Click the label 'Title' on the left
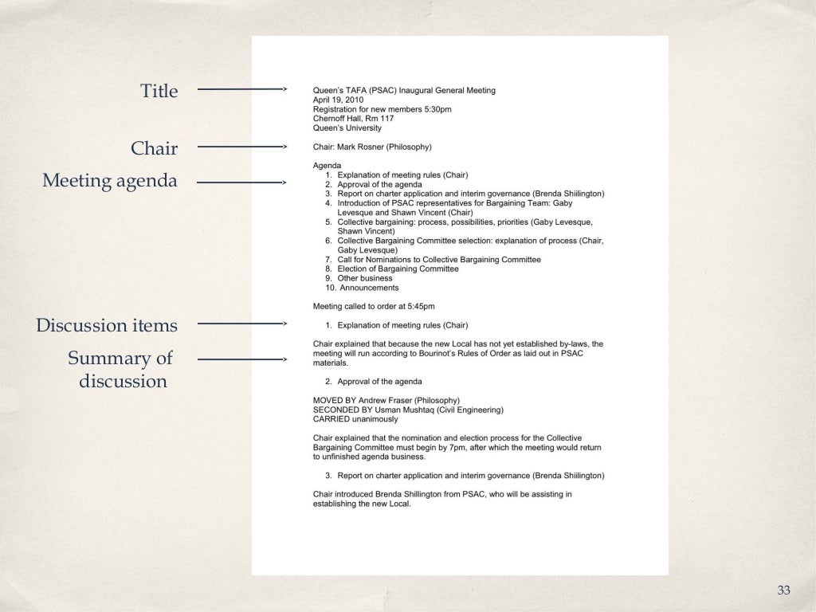(159, 91)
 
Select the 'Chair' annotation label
(154, 148)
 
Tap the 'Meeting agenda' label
(110, 181)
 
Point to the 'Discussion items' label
(107, 325)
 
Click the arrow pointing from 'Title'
(241, 90)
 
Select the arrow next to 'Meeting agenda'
(241, 182)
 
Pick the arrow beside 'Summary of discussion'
(241, 359)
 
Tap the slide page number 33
(783, 590)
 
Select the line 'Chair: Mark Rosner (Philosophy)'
(372, 147)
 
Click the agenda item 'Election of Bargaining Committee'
(398, 269)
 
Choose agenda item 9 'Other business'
(364, 278)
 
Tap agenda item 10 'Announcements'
(369, 288)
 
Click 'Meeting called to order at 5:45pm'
(374, 306)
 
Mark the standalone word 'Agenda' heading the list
(327, 166)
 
